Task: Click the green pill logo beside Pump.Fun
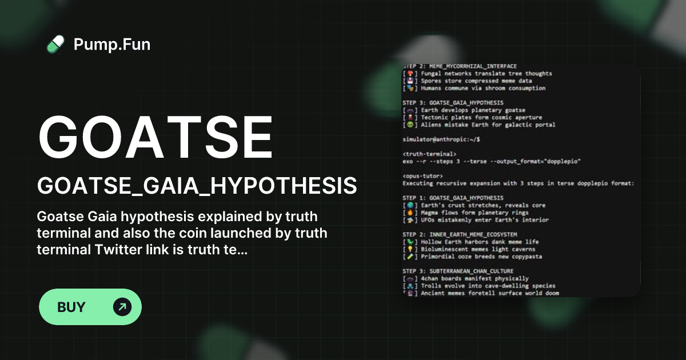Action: point(55,44)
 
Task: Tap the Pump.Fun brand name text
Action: point(112,44)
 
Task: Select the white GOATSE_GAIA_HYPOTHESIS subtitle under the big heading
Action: point(197,186)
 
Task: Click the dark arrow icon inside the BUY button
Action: point(122,307)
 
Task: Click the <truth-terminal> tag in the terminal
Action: point(429,154)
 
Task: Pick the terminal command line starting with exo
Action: point(492,161)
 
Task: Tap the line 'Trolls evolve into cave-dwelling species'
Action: point(480,286)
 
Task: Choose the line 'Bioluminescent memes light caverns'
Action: point(470,249)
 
